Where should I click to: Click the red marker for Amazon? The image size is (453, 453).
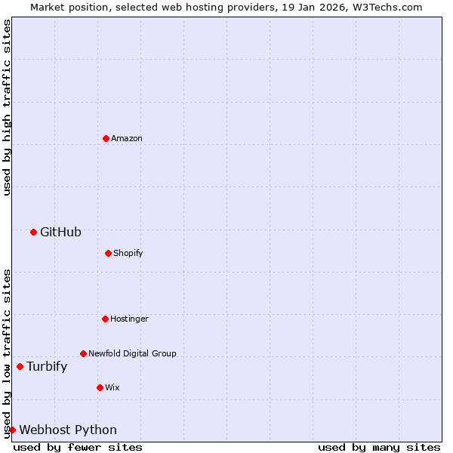click(x=106, y=138)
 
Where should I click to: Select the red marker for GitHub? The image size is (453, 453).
click(x=33, y=232)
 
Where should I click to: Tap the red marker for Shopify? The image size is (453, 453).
click(x=108, y=253)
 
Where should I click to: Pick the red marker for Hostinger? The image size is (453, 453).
click(x=105, y=319)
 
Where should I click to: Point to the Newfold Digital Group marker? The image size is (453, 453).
click(x=83, y=353)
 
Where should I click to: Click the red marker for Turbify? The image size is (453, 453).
click(x=20, y=367)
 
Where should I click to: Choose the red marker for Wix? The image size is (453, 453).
click(x=100, y=387)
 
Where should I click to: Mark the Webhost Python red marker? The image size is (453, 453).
click(x=12, y=430)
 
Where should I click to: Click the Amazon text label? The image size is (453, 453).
click(x=127, y=139)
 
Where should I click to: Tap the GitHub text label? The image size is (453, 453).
click(x=60, y=233)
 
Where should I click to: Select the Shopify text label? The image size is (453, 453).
click(x=128, y=254)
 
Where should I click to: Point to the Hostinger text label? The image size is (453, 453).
click(x=129, y=319)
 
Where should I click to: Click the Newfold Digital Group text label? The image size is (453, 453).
click(x=132, y=354)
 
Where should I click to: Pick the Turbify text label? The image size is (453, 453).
click(x=47, y=367)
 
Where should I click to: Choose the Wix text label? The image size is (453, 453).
click(x=112, y=388)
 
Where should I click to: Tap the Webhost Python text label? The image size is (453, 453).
click(x=68, y=430)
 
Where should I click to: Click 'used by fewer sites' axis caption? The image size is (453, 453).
click(x=78, y=448)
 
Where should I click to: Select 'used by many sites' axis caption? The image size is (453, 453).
click(x=379, y=448)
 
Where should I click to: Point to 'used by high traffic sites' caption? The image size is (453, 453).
click(x=7, y=107)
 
